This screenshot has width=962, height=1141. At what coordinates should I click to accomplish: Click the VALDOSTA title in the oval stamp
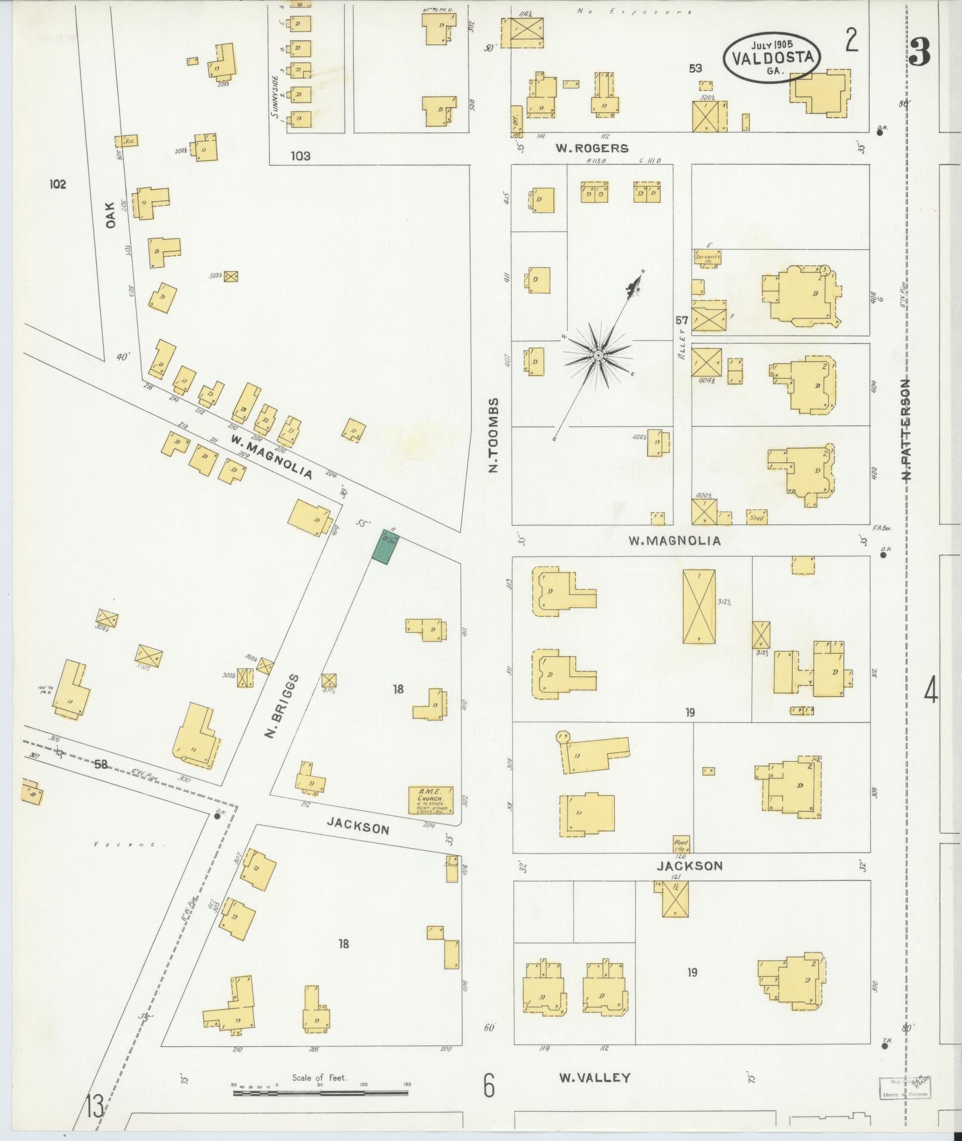pyautogui.click(x=772, y=58)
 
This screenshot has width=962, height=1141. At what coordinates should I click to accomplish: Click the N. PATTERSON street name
pyautogui.click(x=907, y=429)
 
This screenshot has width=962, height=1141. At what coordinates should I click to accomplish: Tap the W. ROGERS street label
pyautogui.click(x=592, y=148)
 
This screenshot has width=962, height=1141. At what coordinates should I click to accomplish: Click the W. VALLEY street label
pyautogui.click(x=595, y=1077)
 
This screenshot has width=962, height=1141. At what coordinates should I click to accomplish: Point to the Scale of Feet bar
pyautogui.click(x=320, y=1093)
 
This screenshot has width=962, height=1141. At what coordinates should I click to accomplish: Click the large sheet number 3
pyautogui.click(x=919, y=54)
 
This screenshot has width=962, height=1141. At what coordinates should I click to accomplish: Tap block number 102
pyautogui.click(x=58, y=184)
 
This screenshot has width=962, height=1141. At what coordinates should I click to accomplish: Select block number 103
pyautogui.click(x=300, y=156)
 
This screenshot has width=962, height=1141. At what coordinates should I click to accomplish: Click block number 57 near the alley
pyautogui.click(x=682, y=320)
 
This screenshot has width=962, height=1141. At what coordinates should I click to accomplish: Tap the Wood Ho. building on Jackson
pyautogui.click(x=681, y=845)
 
